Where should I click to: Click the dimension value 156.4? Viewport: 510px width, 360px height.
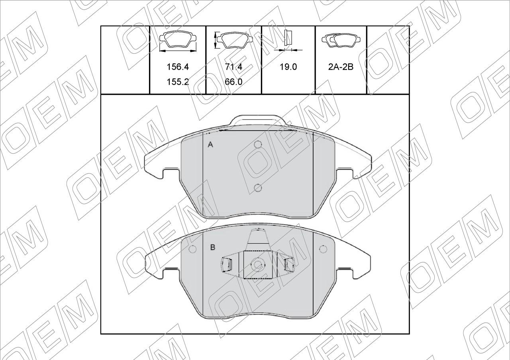178,67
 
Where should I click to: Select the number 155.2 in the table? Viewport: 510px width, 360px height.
178,82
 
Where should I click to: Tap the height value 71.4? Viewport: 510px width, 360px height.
233,67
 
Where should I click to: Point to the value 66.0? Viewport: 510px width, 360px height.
233,82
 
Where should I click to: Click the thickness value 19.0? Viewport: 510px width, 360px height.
288,67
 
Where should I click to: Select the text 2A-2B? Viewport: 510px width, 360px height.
341,67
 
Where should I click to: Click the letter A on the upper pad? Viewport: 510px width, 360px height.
210,145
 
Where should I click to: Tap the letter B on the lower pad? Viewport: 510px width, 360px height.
213,247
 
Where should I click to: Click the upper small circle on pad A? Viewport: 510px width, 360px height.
258,145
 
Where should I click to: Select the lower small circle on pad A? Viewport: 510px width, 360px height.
258,188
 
